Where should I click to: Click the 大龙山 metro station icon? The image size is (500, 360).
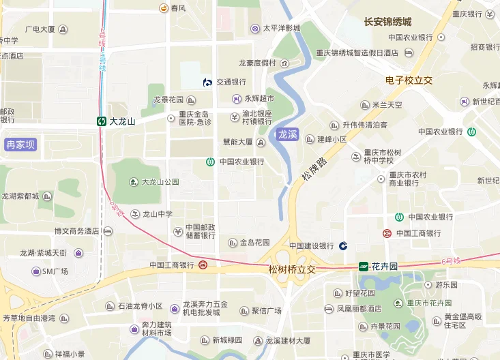click(101, 121)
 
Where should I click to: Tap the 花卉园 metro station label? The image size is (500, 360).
click(385, 267)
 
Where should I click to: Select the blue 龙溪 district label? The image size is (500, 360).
click(288, 134)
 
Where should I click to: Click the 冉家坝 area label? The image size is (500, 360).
click(20, 145)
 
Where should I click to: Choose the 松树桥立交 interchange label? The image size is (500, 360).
click(293, 270)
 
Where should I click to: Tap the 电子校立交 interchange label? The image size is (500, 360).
click(409, 80)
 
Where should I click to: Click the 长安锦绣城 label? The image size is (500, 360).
click(387, 22)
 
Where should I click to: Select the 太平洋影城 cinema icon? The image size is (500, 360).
click(255, 28)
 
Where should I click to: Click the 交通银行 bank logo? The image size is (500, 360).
click(208, 82)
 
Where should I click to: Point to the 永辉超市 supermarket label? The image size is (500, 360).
click(259, 99)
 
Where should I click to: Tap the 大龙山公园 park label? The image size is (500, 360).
click(160, 182)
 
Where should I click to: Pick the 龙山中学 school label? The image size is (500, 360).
click(158, 213)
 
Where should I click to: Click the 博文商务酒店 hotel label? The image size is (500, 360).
click(77, 231)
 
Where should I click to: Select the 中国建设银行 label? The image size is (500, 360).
click(312, 245)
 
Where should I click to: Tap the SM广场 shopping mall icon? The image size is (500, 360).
click(35, 271)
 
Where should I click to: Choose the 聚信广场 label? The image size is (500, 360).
click(267, 311)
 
